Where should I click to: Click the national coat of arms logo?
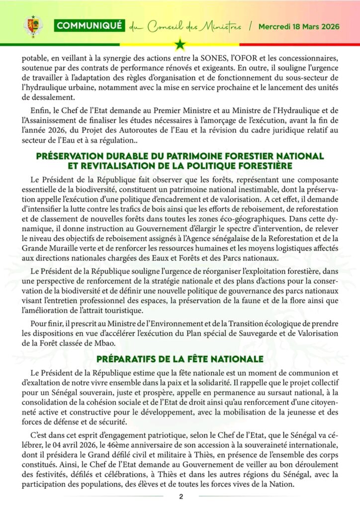point(33,26)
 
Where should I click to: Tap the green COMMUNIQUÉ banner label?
point(89,26)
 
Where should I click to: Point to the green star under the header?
point(180,46)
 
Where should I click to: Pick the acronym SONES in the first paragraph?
point(226,59)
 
